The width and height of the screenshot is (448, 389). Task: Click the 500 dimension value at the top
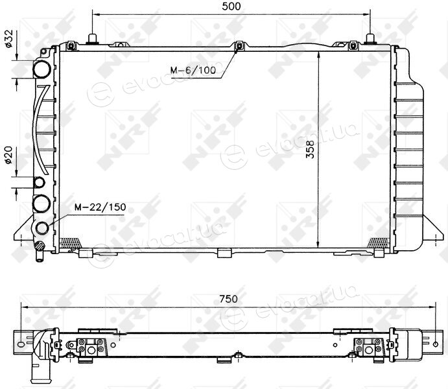[x=231, y=6]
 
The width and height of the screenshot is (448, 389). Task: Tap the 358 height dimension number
[x=310, y=149]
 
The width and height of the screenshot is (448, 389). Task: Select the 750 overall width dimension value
[x=229, y=299]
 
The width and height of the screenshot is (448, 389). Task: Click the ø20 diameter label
[x=8, y=155]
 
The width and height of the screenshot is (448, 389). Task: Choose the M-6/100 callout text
[x=193, y=70]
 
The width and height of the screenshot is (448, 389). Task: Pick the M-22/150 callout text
[x=100, y=207]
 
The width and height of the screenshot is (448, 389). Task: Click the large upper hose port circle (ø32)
[x=41, y=69]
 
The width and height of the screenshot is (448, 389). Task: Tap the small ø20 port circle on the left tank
[x=40, y=182]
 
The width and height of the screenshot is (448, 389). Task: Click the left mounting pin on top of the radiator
[x=93, y=39]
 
